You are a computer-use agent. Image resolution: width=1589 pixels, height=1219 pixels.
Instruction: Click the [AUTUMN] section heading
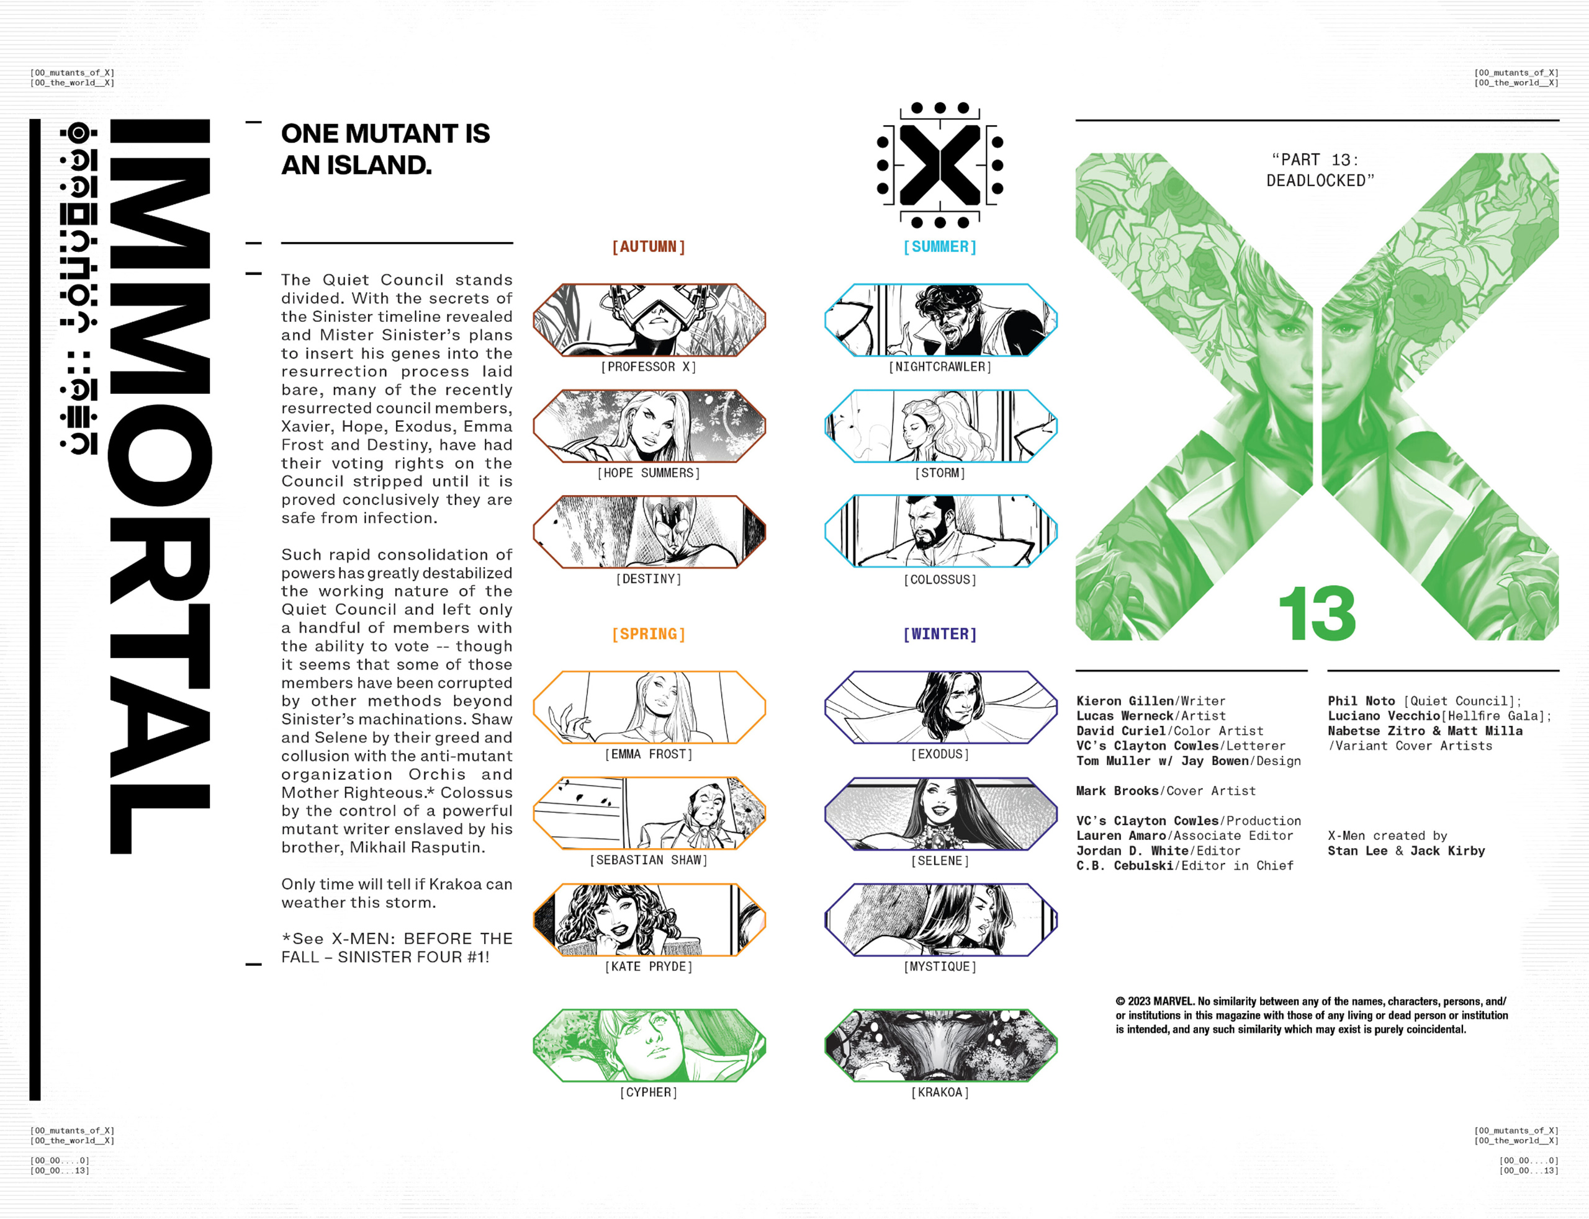(x=648, y=247)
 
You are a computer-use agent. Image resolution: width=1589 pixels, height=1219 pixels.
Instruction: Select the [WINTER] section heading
(x=939, y=634)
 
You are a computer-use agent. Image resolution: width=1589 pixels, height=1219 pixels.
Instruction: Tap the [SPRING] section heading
(x=648, y=634)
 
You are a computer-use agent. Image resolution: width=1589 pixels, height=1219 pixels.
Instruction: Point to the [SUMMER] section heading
(x=939, y=247)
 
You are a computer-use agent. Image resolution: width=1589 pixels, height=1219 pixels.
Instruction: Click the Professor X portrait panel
(x=649, y=320)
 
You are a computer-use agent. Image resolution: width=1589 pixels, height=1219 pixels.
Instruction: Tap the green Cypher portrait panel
(x=649, y=1045)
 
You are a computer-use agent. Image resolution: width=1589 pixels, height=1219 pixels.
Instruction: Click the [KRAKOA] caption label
(x=939, y=1092)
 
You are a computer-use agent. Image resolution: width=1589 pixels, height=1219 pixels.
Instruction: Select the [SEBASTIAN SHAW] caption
(x=648, y=860)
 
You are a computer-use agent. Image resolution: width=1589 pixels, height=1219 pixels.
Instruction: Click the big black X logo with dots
(x=939, y=165)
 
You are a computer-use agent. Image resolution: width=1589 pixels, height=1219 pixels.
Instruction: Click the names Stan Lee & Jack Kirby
(x=1405, y=851)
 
